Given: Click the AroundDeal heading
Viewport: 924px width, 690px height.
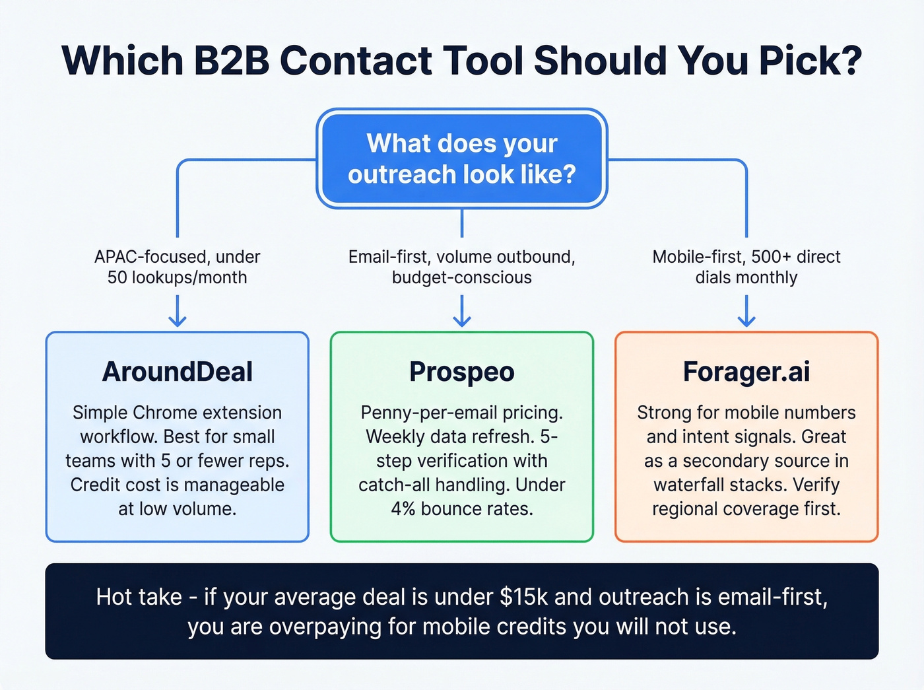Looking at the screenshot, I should [177, 372].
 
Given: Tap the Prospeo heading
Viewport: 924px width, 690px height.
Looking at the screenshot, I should [461, 372].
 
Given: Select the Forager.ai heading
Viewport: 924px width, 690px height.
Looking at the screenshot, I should [746, 372].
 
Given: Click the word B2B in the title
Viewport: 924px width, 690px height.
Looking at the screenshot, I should [231, 61].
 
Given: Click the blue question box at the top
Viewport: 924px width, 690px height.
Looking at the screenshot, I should [461, 158].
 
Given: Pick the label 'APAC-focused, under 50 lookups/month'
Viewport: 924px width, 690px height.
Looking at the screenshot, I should [177, 267].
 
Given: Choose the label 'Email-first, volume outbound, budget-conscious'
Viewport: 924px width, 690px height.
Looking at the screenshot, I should [461, 267].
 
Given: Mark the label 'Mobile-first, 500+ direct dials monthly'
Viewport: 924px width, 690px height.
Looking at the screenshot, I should [746, 267].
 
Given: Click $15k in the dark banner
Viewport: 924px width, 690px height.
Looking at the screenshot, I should [524, 597].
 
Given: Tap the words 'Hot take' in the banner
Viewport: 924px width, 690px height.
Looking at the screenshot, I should [139, 597].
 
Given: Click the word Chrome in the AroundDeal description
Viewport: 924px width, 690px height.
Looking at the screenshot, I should [168, 413].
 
